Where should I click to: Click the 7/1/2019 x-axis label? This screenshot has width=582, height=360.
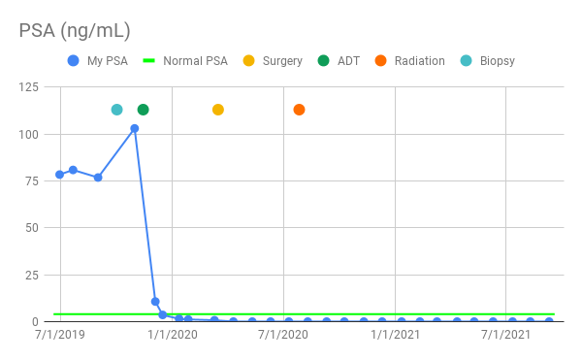pyautogui.click(x=60, y=335)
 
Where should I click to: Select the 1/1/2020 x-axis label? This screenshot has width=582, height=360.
pyautogui.click(x=172, y=335)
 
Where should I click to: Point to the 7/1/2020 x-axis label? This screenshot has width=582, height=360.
pyautogui.click(x=283, y=335)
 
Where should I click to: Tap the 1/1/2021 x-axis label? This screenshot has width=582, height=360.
pyautogui.click(x=395, y=335)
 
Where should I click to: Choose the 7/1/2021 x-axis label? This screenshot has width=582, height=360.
pyautogui.click(x=505, y=335)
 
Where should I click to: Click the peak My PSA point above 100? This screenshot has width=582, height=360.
pyautogui.click(x=135, y=128)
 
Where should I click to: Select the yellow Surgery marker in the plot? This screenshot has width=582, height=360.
pyautogui.click(x=218, y=110)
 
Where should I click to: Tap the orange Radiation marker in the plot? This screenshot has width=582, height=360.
pyautogui.click(x=299, y=110)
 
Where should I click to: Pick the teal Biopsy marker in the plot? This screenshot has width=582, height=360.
pyautogui.click(x=117, y=110)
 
